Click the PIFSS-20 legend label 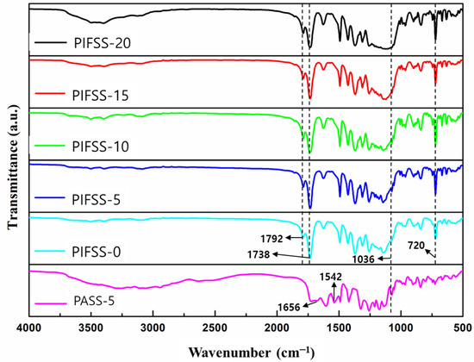pos(95,40)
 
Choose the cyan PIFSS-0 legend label pos(91,251)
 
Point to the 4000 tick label pos(29,328)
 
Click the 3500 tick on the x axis pos(91,328)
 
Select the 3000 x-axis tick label pos(153,328)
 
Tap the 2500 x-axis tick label pos(215,328)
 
